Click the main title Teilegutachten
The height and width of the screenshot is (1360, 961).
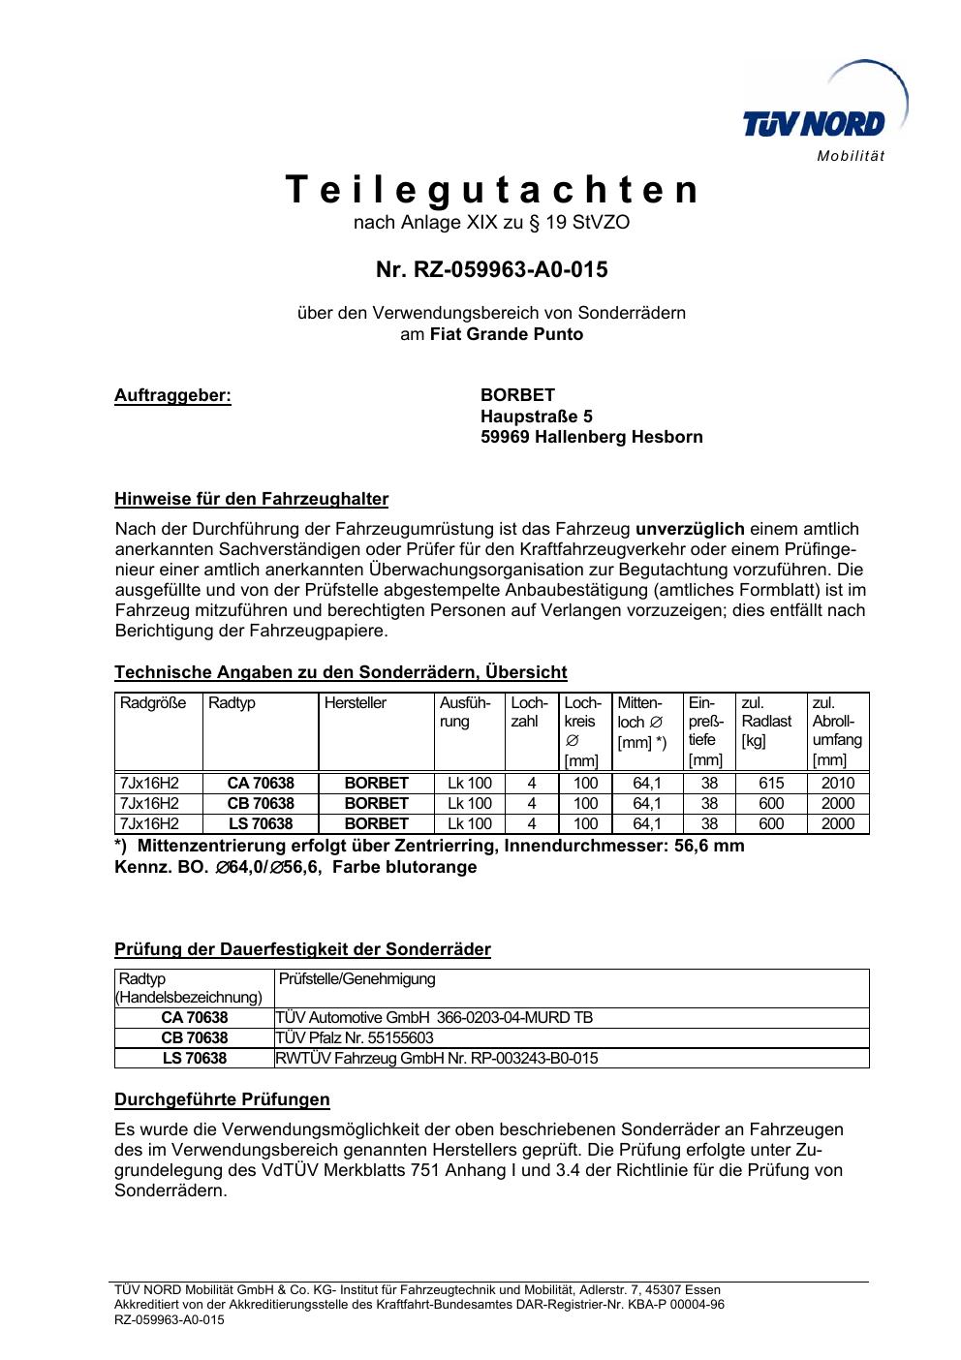pyautogui.click(x=491, y=191)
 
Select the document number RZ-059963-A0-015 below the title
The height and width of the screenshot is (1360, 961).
pyautogui.click(x=491, y=269)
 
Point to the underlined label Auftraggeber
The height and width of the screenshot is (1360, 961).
pyautogui.click(x=173, y=395)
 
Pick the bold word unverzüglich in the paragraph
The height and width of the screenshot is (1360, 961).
pyautogui.click(x=690, y=529)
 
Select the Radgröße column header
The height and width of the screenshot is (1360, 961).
pyautogui.click(x=153, y=703)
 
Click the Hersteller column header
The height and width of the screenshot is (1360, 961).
pyautogui.click(x=356, y=703)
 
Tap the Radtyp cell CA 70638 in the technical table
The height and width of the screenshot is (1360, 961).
pyautogui.click(x=260, y=783)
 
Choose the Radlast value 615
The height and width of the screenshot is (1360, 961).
pyautogui.click(x=771, y=783)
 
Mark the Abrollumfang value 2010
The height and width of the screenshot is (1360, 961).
pyautogui.click(x=838, y=783)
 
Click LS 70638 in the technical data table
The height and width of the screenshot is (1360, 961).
pyautogui.click(x=260, y=823)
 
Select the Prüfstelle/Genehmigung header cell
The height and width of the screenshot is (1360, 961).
pyautogui.click(x=356, y=979)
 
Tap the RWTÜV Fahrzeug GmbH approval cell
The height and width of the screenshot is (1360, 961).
pyautogui.click(x=437, y=1058)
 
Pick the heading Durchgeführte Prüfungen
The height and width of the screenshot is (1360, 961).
pyautogui.click(x=222, y=1099)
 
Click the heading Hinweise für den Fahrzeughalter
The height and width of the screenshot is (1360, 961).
pyautogui.click(x=251, y=500)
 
